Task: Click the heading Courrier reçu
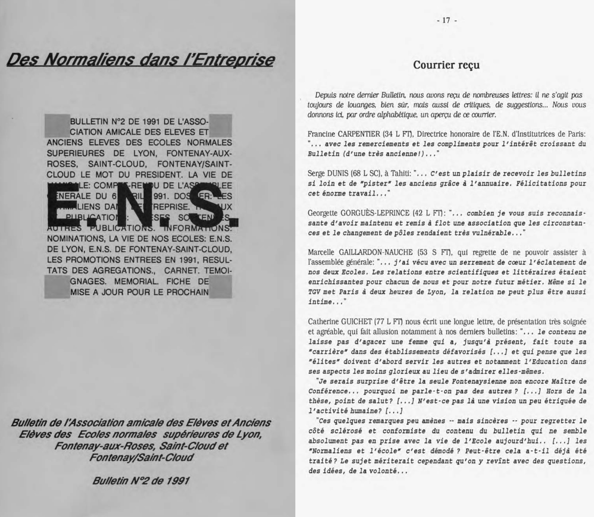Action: [x=446, y=65]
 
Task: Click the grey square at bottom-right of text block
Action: [x=221, y=287]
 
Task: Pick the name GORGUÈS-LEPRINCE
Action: [x=375, y=213]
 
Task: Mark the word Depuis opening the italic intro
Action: [x=325, y=95]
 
